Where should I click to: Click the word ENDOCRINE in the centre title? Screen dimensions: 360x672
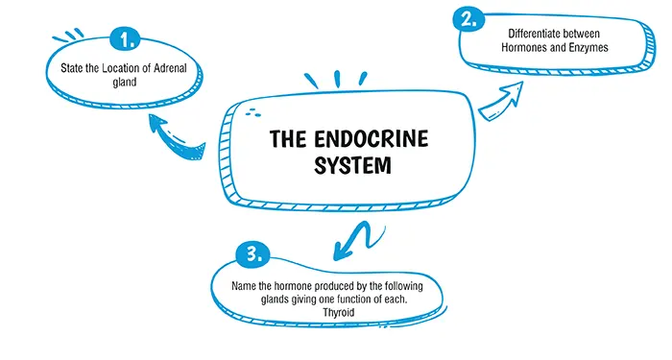pos(370,140)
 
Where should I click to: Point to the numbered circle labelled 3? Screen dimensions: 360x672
pos(252,255)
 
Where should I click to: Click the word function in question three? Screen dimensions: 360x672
pos(379,299)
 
